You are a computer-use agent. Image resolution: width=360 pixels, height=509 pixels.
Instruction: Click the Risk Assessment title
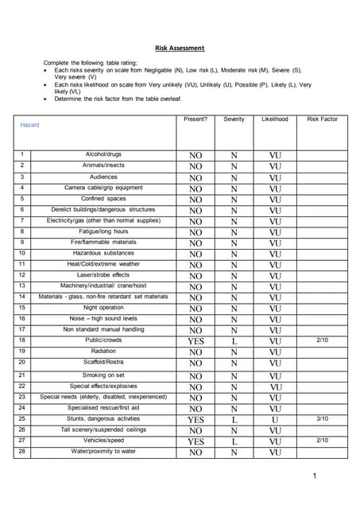(x=180, y=48)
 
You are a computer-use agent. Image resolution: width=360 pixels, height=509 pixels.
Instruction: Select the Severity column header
(x=234, y=119)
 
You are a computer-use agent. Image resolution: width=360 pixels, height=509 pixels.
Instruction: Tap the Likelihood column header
(x=275, y=119)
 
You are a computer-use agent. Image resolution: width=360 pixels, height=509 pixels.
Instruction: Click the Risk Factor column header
(x=322, y=119)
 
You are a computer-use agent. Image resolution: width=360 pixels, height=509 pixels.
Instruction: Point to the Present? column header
(x=195, y=119)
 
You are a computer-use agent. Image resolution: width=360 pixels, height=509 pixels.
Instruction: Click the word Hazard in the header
(x=29, y=125)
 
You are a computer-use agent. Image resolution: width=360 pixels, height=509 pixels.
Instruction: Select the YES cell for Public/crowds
(x=195, y=341)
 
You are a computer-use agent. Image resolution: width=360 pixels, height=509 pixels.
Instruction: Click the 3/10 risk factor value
(x=322, y=418)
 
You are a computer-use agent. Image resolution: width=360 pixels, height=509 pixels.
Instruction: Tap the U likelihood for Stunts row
(x=275, y=419)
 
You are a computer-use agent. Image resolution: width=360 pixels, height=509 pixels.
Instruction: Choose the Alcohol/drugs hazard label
(x=103, y=153)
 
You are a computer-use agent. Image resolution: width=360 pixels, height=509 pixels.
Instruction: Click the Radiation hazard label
(x=103, y=351)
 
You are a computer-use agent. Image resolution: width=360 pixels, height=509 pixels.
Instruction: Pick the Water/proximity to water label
(x=103, y=451)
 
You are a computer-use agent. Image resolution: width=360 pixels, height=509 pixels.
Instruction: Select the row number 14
(x=22, y=297)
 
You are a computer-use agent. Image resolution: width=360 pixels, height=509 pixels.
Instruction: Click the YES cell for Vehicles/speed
(x=195, y=441)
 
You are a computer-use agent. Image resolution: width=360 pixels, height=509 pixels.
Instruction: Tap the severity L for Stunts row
(x=234, y=419)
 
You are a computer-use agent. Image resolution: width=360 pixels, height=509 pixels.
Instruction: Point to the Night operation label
(x=103, y=307)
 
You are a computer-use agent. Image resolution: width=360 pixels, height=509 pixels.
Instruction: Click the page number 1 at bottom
(x=315, y=476)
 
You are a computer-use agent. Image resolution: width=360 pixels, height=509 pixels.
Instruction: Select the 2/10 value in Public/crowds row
(x=322, y=340)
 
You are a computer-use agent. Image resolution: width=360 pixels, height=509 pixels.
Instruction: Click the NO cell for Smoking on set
(x=195, y=376)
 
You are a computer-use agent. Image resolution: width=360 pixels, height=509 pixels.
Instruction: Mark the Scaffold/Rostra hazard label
(x=103, y=362)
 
